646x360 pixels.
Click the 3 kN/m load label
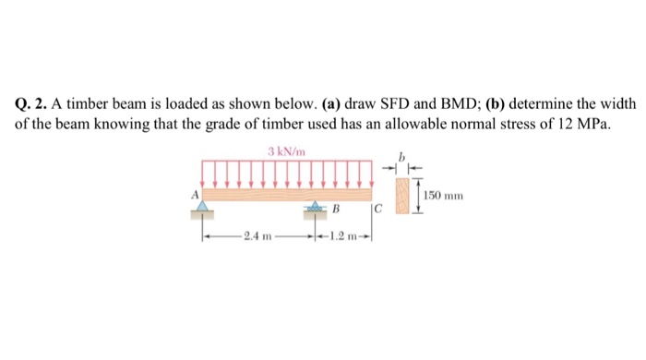281,151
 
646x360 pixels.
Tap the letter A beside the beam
195,195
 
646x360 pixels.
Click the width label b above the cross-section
401,158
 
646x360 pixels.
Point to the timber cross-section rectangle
401,195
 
